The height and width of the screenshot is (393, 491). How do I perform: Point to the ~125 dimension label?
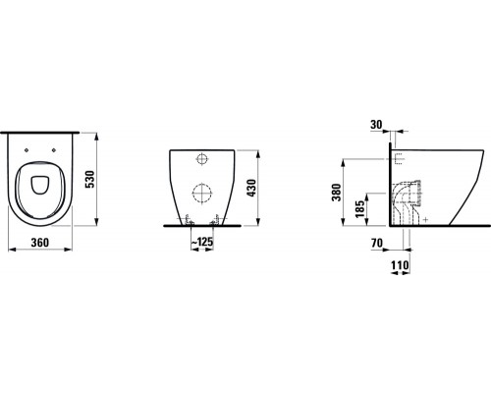click(x=204, y=242)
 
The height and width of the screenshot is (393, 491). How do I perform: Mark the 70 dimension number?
click(x=376, y=241)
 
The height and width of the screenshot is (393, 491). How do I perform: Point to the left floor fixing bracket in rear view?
click(x=182, y=218)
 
